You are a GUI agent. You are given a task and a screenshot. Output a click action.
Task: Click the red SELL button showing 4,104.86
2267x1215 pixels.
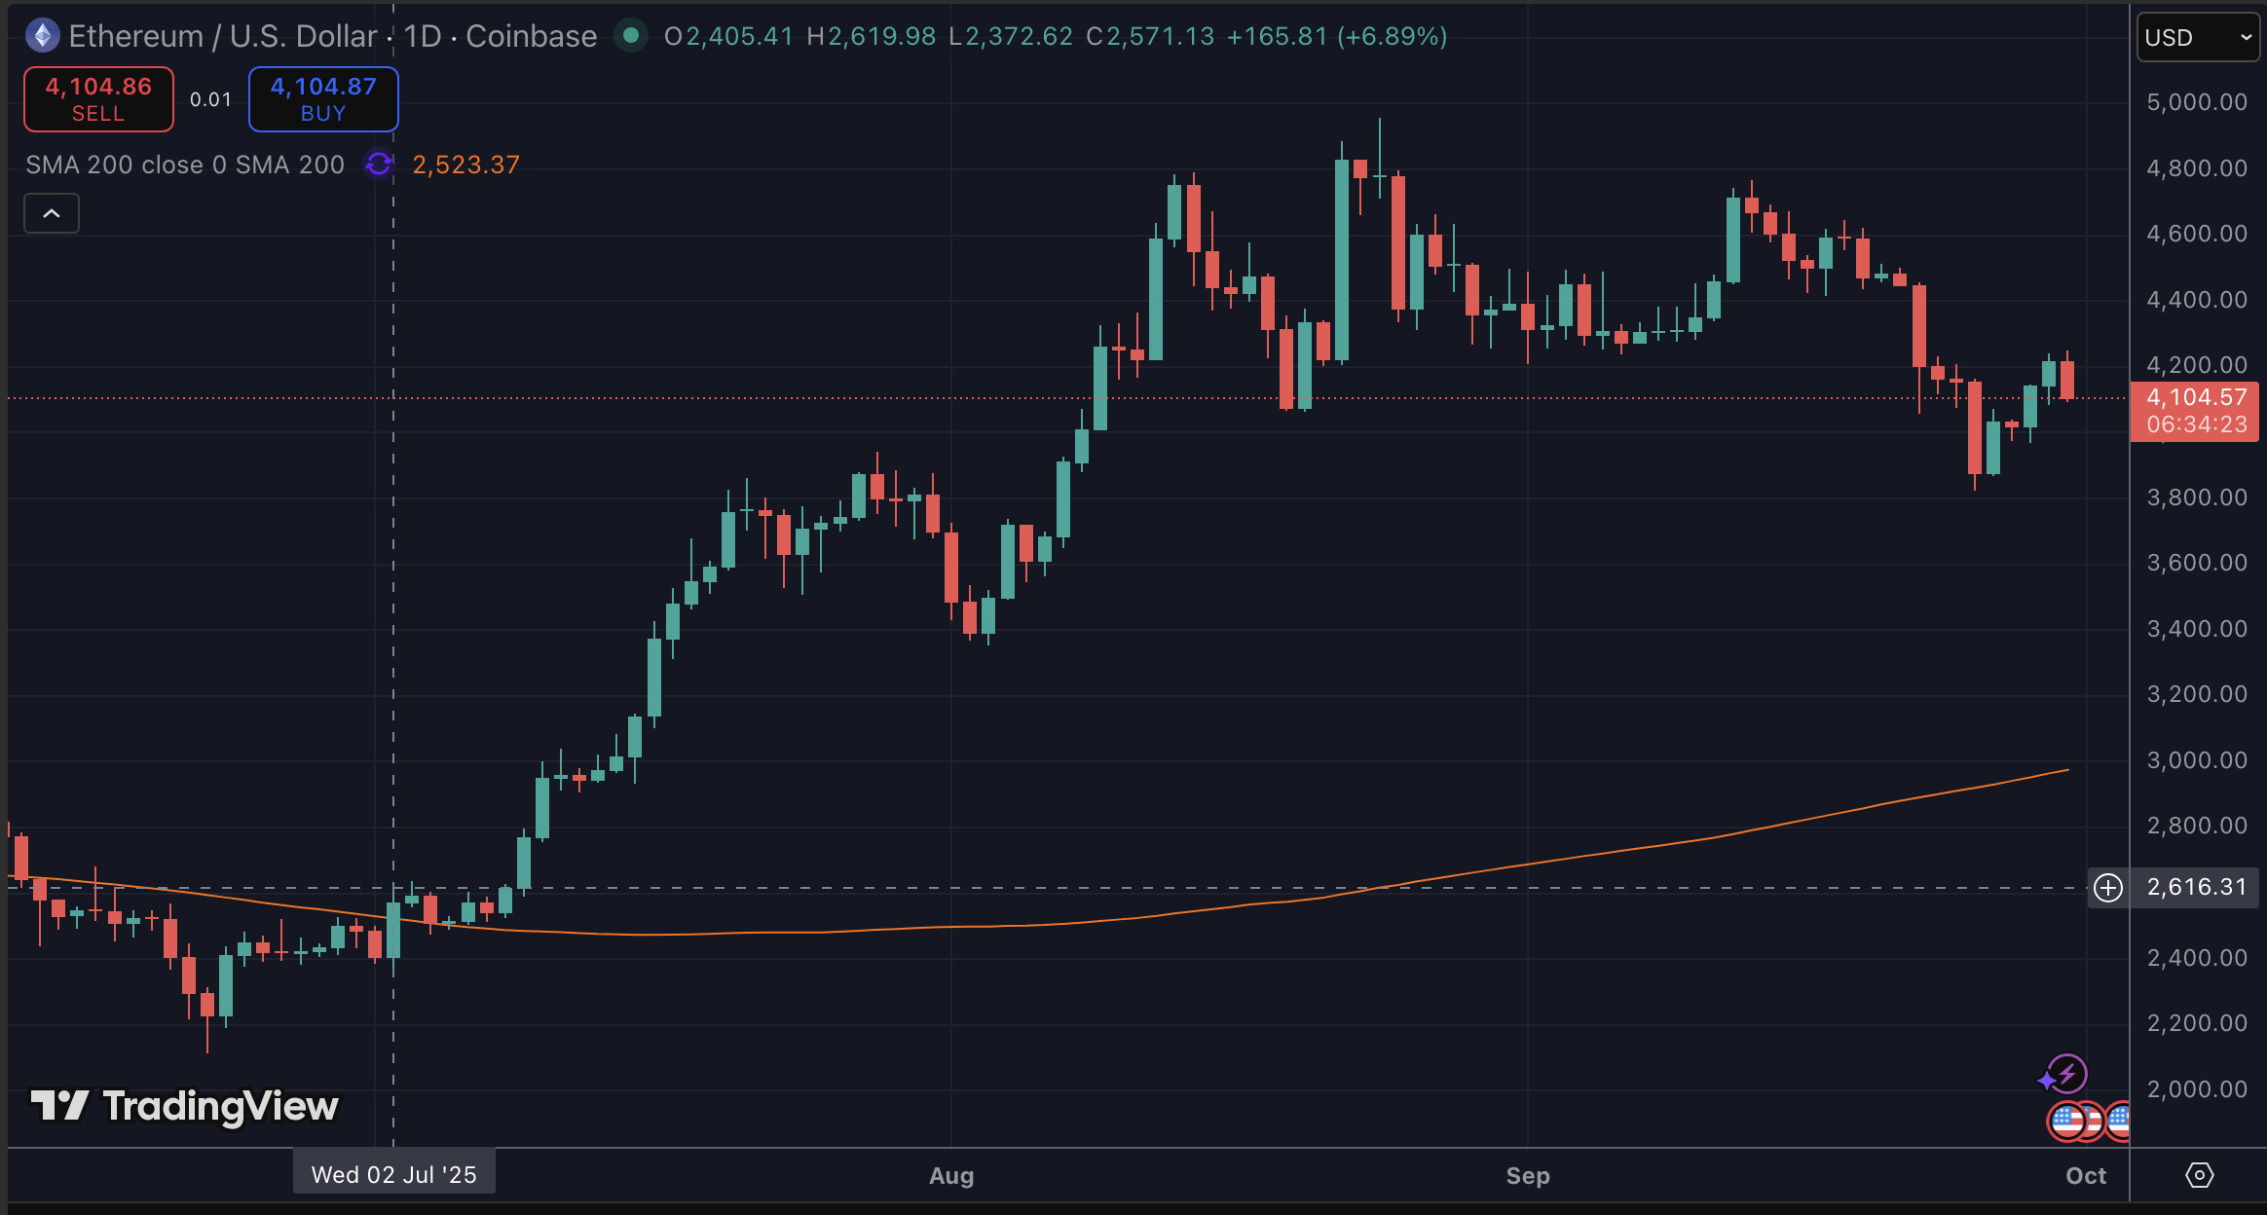tap(98, 98)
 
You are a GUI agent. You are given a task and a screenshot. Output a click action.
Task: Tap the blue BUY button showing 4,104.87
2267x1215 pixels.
tap(323, 98)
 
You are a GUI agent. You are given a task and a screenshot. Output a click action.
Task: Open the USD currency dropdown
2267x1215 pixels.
tap(2198, 38)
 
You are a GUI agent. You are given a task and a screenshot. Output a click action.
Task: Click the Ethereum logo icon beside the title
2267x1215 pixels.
tap(42, 36)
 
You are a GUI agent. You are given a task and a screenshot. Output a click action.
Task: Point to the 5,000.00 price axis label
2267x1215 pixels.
tap(2197, 102)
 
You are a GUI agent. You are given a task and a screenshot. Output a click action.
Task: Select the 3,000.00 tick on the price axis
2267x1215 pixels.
tap(2197, 760)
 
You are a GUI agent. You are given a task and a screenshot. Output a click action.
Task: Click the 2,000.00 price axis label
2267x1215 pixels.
tap(2197, 1089)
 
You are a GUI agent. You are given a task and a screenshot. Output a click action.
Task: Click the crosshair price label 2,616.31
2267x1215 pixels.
tap(2197, 888)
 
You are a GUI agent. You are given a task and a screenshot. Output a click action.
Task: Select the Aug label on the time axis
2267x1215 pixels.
tap(951, 1176)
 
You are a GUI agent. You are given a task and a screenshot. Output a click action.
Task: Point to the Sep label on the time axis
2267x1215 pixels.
tap(1528, 1176)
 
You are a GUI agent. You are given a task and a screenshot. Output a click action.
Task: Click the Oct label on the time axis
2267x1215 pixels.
tap(2086, 1176)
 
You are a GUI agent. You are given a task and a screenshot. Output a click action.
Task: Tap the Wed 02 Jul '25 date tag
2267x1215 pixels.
tap(393, 1174)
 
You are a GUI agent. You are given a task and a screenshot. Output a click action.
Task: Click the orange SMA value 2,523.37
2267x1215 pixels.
tap(465, 165)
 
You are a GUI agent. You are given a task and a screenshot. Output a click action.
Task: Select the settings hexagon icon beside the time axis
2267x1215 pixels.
tap(2199, 1175)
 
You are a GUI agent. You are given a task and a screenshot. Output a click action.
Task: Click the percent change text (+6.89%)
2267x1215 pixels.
tap(1392, 36)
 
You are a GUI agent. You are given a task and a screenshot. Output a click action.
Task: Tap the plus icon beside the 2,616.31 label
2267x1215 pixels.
tap(2108, 888)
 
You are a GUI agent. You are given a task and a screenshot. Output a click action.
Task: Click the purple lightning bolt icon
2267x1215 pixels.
tap(2066, 1074)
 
